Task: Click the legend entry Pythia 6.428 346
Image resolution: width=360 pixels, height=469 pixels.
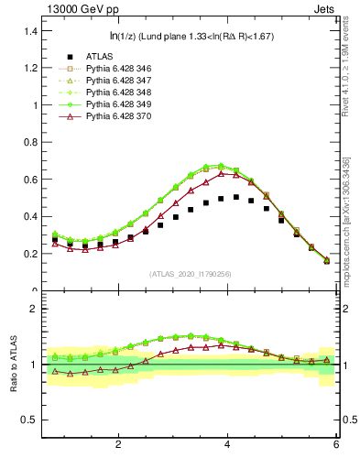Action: [x=118, y=69]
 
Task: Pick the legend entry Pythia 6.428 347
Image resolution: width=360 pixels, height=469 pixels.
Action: [x=118, y=81]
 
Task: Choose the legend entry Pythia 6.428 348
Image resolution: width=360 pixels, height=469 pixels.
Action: [x=118, y=93]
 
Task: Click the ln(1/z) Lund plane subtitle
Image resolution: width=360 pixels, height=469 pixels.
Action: [x=188, y=37]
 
